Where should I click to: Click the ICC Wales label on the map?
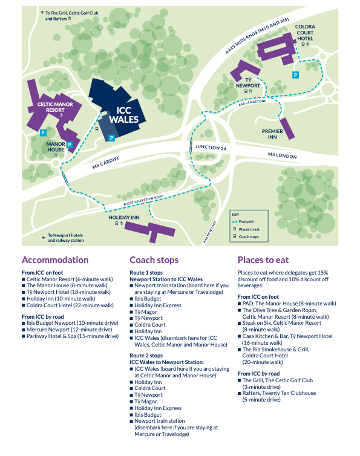(123, 115)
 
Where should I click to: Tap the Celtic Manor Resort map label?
(55, 107)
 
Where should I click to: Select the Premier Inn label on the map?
(272, 134)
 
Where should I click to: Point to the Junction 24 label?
(211, 148)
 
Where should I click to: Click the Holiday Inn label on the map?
(124, 218)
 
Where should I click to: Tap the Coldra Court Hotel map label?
(305, 33)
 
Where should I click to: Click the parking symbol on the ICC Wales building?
(111, 138)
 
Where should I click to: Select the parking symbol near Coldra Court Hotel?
(296, 75)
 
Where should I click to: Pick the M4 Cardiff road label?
(106, 163)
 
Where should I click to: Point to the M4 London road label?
(283, 155)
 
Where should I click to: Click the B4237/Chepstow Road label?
(143, 200)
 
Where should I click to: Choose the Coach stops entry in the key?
(246, 236)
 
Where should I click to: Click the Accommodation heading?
(55, 259)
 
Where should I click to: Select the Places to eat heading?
(263, 259)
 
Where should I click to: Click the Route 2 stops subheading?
(146, 356)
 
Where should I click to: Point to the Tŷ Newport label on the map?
(247, 83)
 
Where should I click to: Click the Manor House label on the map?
(56, 147)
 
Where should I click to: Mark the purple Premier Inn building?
(287, 129)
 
